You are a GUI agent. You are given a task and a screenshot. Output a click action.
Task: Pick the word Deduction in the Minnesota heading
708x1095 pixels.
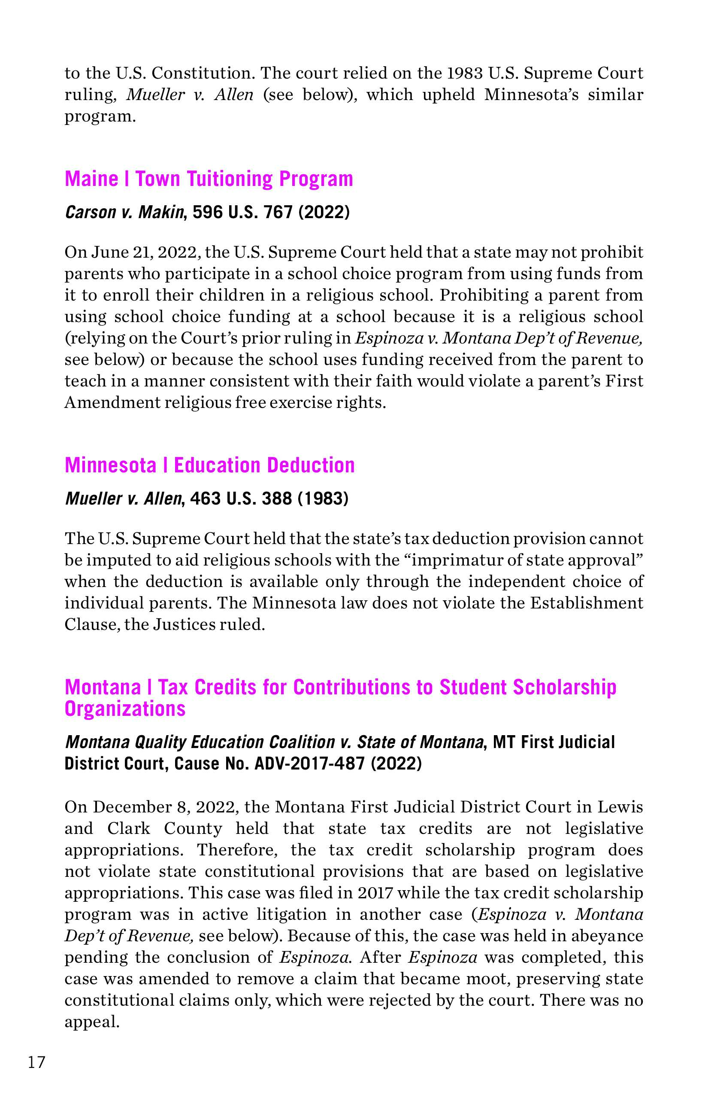point(311,465)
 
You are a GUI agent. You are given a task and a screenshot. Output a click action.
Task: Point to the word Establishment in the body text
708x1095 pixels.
point(586,603)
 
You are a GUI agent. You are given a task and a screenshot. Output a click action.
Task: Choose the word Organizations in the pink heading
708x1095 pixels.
point(125,709)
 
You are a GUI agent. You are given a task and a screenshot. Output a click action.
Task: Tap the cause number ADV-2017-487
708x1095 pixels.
point(309,764)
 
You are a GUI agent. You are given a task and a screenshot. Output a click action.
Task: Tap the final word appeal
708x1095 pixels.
point(91,1022)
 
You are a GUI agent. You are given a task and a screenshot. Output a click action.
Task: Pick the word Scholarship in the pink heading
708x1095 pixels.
point(564,687)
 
